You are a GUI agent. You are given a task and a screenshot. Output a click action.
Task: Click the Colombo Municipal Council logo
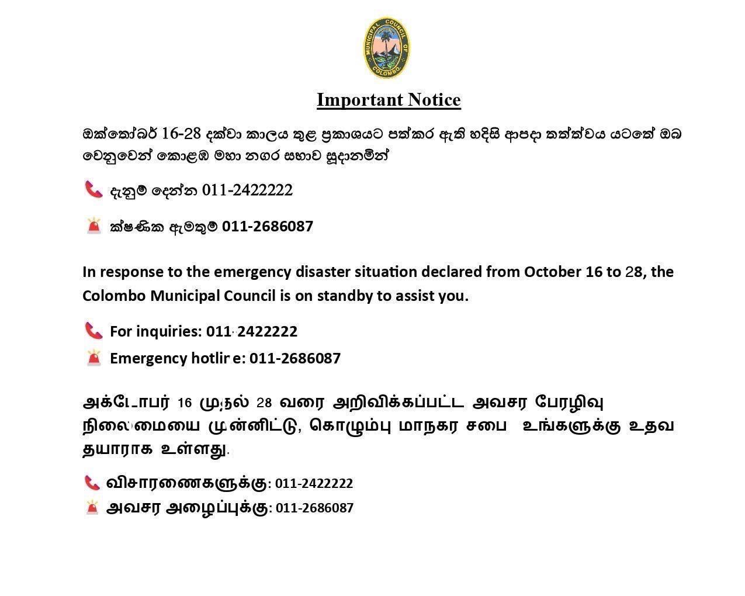click(x=386, y=48)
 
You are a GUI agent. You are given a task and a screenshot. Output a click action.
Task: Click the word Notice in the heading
click(x=434, y=100)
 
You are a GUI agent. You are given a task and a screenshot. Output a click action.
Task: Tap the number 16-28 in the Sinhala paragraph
click(x=181, y=133)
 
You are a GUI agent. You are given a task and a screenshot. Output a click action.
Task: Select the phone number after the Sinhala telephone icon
click(x=247, y=190)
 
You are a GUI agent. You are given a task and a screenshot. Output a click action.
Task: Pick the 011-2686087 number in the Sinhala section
click(x=268, y=226)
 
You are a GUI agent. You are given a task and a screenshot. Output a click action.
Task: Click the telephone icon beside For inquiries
click(x=93, y=331)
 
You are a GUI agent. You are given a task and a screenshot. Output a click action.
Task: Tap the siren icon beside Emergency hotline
click(x=93, y=358)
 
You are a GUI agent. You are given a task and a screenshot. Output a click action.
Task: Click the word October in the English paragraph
click(x=552, y=272)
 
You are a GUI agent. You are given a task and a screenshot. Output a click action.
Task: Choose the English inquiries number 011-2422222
click(x=252, y=331)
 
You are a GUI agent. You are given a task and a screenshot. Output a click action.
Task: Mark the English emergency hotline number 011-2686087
click(x=295, y=358)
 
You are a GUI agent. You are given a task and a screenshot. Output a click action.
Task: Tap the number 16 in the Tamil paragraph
click(x=185, y=403)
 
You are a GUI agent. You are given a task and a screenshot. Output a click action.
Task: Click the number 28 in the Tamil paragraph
click(x=264, y=403)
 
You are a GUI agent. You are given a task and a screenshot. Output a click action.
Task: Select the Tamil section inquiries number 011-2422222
click(x=314, y=484)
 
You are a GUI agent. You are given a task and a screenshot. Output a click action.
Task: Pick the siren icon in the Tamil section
click(x=92, y=507)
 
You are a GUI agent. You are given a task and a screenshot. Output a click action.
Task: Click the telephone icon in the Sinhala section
click(x=93, y=189)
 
